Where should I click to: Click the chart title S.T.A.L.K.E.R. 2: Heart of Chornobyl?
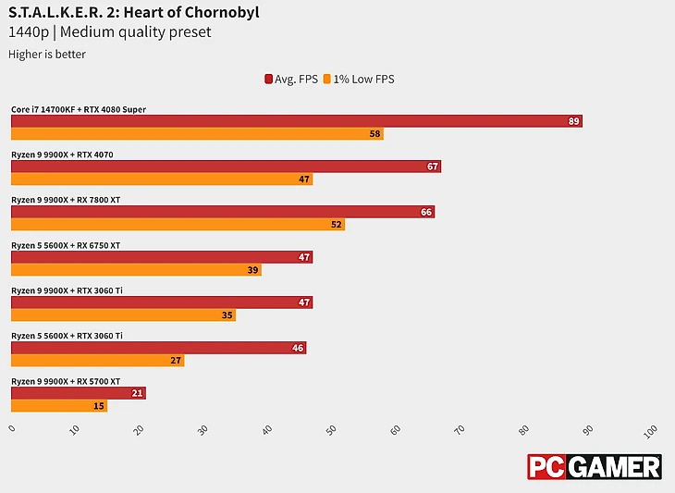click(x=133, y=12)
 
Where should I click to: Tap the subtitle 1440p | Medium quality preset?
click(x=110, y=32)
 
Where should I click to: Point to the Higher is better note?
click(x=47, y=54)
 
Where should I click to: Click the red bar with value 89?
click(x=296, y=121)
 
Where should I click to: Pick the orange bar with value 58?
click(x=197, y=134)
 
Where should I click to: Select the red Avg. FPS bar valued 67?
click(x=226, y=166)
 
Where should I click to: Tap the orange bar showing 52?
click(x=178, y=225)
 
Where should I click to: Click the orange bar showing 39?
click(x=136, y=270)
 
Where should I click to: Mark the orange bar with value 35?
click(x=123, y=315)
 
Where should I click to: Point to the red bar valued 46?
click(x=158, y=348)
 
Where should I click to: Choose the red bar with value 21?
click(x=78, y=393)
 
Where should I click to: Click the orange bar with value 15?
click(x=59, y=406)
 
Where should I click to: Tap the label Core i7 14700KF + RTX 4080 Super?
click(x=79, y=109)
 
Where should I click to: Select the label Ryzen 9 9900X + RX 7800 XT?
click(x=67, y=200)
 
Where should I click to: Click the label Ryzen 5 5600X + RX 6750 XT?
click(x=66, y=245)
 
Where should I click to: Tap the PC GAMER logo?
click(x=594, y=467)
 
